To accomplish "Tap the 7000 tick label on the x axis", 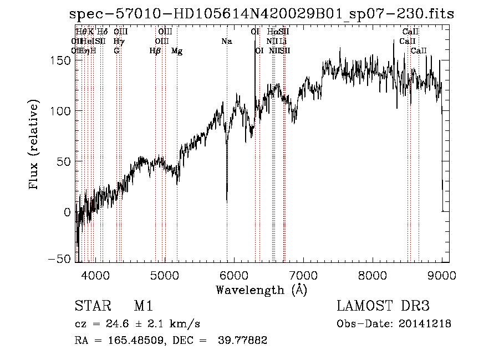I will tap(303, 275).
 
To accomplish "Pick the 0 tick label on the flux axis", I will tap(67, 212).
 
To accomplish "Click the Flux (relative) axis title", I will tap(35, 145).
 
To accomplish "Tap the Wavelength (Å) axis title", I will tap(261, 290).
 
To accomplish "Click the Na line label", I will tap(226, 41).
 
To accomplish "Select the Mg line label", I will tap(177, 51).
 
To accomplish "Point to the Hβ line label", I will tap(155, 51).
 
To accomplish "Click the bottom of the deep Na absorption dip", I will tap(227, 200).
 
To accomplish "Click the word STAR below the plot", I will tap(93, 306).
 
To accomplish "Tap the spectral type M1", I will tap(143, 306).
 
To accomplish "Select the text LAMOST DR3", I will tap(383, 306).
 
